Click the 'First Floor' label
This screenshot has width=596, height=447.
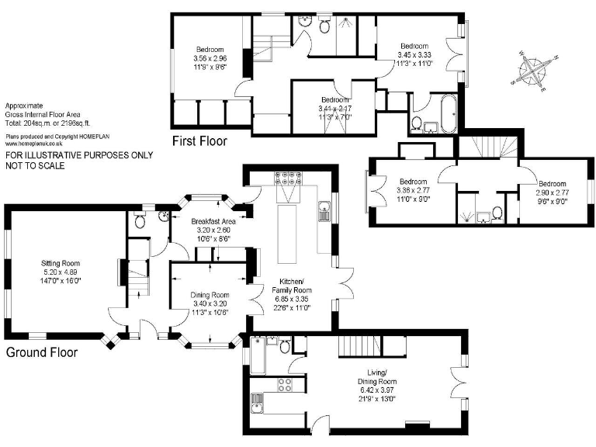tap(200, 141)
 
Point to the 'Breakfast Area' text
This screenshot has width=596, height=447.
tap(211, 221)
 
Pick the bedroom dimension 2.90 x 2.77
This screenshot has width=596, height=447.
tap(552, 191)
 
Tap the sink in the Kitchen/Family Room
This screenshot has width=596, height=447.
tap(324, 210)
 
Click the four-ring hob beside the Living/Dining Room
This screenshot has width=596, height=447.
tap(284, 383)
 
